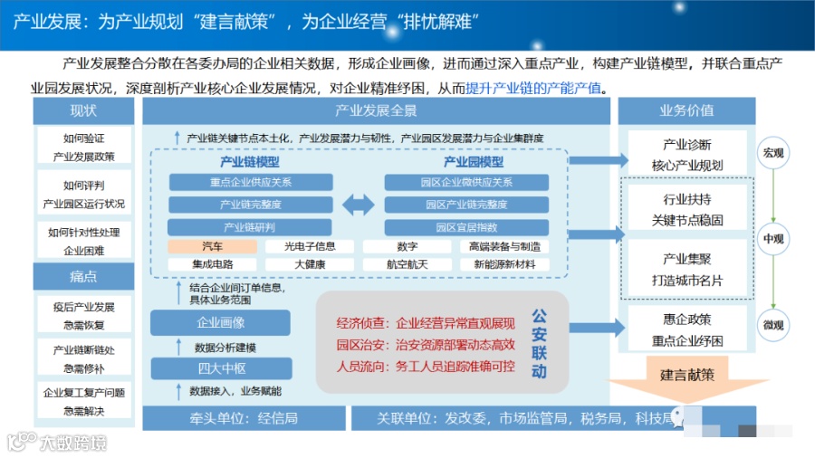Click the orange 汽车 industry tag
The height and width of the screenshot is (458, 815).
tap(213, 246)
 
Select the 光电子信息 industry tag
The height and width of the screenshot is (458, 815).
tap(310, 246)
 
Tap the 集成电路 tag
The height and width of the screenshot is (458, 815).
tap(213, 264)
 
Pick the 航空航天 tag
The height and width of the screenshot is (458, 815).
tap(407, 264)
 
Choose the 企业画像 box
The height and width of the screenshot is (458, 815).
tap(220, 322)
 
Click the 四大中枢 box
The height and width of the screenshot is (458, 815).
tap(220, 368)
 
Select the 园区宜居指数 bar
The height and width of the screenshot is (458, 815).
tap(465, 227)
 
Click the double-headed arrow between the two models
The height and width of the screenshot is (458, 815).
tap(358, 205)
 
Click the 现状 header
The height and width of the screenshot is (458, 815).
tap(83, 111)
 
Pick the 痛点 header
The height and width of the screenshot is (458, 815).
tap(83, 276)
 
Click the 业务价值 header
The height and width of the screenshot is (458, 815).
tap(686, 111)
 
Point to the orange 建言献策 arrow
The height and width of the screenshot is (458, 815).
tap(686, 378)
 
